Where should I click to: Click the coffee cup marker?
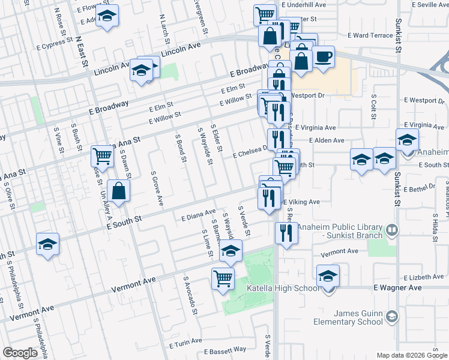324,57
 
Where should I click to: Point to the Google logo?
20,353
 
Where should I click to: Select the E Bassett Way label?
225,350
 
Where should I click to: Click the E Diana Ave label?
198,215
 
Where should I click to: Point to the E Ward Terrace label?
373,36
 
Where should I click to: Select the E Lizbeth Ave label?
424,278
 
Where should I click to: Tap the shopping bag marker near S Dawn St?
120,192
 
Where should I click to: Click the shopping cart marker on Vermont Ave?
223,278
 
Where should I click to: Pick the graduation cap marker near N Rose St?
107,17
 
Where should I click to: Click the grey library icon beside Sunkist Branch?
391,230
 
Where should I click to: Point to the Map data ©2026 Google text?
411,355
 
